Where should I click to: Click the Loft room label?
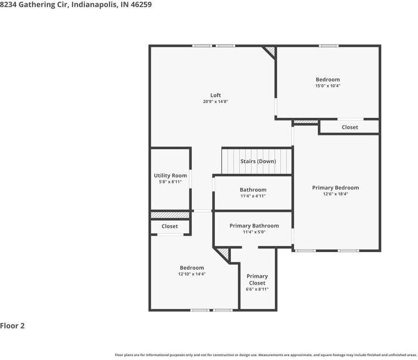(215, 95)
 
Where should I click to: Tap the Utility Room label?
(170, 176)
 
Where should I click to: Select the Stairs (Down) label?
(258, 161)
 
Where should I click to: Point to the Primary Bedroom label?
(335, 188)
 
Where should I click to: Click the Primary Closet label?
(257, 280)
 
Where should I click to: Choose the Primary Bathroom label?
(254, 226)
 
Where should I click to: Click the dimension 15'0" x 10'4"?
(328, 86)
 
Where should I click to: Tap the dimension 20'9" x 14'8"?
(215, 101)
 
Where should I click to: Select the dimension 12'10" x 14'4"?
(192, 274)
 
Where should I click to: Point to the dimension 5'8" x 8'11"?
(170, 182)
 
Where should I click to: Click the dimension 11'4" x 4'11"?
(253, 196)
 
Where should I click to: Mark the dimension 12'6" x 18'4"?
(335, 194)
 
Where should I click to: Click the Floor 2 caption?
(12, 326)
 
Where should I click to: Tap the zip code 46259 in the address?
(141, 4)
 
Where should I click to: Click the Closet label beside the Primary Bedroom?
(350, 127)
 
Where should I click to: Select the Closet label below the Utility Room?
(170, 226)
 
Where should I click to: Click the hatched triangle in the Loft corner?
(270, 51)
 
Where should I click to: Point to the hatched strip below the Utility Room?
(170, 215)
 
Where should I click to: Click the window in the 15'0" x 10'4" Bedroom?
(329, 46)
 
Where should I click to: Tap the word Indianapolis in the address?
(94, 4)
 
